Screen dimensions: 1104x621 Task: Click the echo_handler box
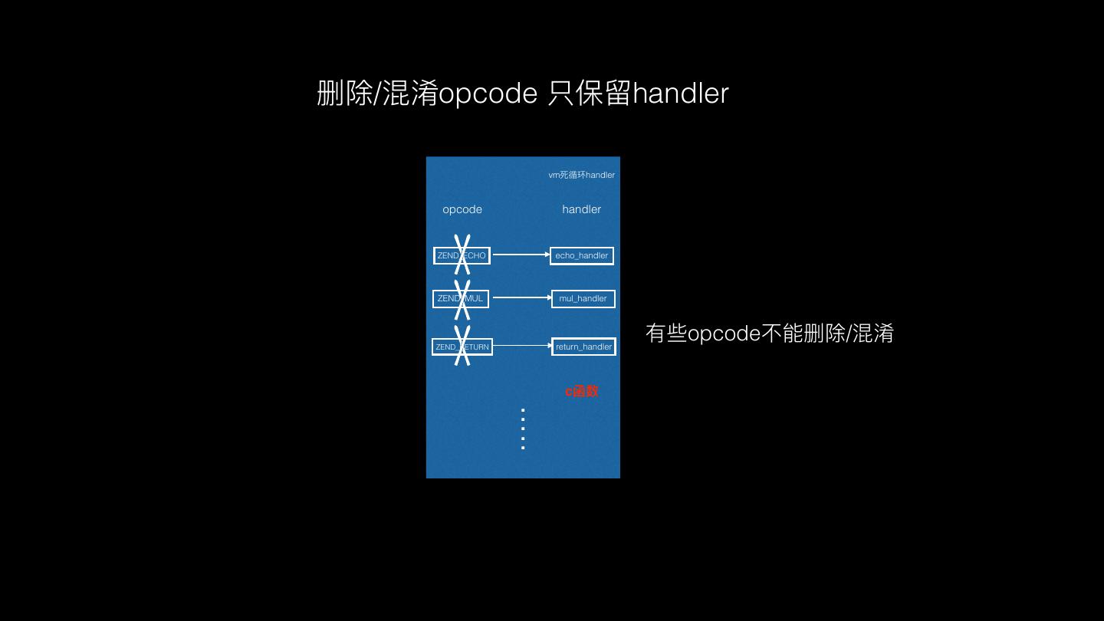point(582,255)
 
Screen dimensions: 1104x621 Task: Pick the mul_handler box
point(583,298)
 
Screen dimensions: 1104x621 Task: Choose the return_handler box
point(584,347)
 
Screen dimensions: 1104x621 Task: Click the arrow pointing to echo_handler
point(521,255)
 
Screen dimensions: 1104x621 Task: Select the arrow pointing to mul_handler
point(521,297)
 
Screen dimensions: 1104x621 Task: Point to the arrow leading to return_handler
point(521,346)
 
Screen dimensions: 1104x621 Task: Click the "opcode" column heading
point(462,209)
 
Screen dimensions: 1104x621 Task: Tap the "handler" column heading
point(581,209)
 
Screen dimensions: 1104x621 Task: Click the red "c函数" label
point(582,391)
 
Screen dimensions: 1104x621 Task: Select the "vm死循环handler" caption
point(581,175)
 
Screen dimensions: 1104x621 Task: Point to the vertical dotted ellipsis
point(523,429)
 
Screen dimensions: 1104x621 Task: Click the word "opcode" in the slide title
point(488,94)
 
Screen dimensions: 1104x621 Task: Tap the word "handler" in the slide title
point(681,94)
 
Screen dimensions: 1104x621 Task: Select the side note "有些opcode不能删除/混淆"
point(770,333)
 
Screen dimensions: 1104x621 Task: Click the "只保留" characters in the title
point(590,94)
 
